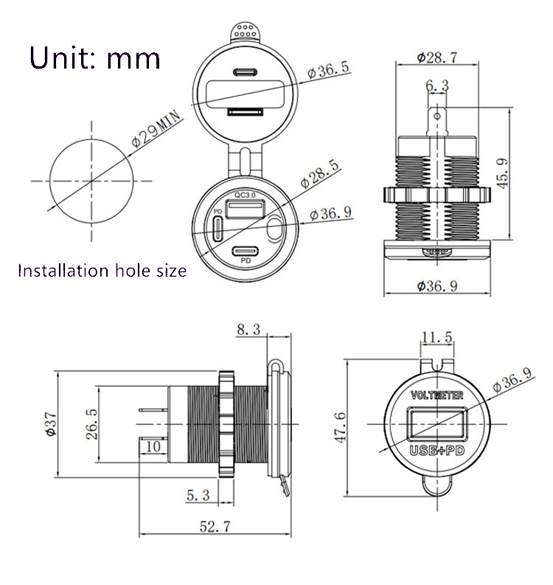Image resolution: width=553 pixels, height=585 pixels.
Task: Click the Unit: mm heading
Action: (x=94, y=58)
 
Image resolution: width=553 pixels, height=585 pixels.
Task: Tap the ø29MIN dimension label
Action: (x=156, y=129)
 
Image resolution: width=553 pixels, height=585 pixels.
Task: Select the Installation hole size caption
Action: (x=102, y=271)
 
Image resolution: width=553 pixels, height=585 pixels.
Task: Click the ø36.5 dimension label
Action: (x=329, y=69)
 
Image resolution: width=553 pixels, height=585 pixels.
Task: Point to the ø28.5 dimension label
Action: (x=320, y=174)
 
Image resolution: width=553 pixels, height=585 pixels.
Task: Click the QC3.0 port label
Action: (x=245, y=195)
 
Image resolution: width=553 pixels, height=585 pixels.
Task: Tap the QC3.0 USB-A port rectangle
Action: (x=246, y=209)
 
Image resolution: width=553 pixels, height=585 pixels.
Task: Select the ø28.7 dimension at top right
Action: (x=437, y=58)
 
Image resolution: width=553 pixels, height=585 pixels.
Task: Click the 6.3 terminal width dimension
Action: (x=437, y=86)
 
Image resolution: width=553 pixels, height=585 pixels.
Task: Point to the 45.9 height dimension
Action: (x=502, y=173)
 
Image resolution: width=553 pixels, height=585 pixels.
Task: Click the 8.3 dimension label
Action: (x=248, y=330)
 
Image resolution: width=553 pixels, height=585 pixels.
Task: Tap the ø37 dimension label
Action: (x=50, y=424)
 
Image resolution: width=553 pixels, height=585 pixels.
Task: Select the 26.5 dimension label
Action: (x=91, y=424)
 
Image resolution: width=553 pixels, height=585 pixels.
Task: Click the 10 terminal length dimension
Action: (x=153, y=446)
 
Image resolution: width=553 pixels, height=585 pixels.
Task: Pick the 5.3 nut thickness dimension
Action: (x=198, y=495)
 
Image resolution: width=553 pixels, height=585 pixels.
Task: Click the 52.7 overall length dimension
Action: (x=215, y=527)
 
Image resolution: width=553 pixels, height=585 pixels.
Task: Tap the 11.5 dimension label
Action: (x=437, y=337)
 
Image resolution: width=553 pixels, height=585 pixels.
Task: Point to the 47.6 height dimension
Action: (x=340, y=428)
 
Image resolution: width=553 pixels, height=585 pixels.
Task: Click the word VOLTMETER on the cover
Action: (x=437, y=395)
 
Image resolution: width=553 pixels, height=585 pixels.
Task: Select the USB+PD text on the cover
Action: (x=437, y=451)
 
